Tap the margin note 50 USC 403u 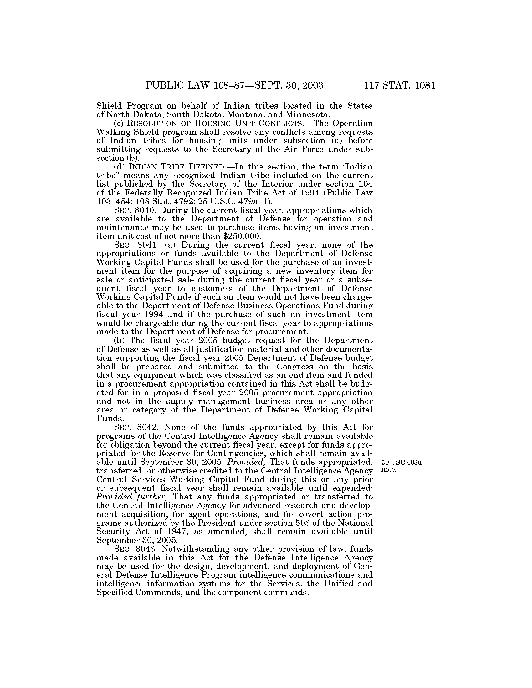(x=401, y=463)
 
